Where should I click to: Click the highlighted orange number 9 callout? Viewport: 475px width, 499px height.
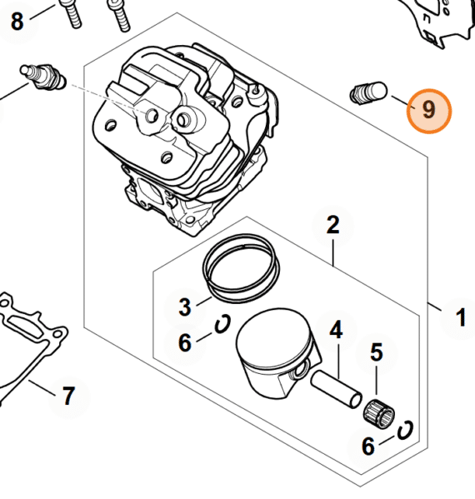click(x=429, y=111)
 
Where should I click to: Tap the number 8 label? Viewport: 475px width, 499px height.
click(x=17, y=22)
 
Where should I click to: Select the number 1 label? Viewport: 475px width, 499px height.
click(x=460, y=317)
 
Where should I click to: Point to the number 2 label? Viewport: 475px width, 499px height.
click(x=333, y=225)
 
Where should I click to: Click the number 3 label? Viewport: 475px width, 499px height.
click(x=185, y=307)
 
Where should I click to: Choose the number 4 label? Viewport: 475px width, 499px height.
click(x=336, y=330)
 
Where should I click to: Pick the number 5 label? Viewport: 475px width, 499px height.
click(x=377, y=352)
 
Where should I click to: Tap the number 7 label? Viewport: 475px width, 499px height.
click(x=68, y=396)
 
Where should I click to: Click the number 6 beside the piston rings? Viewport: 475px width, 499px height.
click(x=185, y=342)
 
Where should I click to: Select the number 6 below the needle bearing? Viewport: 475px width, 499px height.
click(x=368, y=447)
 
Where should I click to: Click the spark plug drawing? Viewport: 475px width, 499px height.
click(x=43, y=77)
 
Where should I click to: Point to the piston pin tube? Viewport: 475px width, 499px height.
click(x=336, y=391)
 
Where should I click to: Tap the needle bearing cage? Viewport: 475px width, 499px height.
click(x=379, y=413)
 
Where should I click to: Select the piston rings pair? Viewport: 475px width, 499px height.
click(x=241, y=269)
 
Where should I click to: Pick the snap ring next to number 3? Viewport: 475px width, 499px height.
click(x=222, y=324)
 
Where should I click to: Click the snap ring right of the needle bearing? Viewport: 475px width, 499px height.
click(x=405, y=430)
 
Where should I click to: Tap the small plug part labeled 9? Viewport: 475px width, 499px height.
click(x=368, y=93)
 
